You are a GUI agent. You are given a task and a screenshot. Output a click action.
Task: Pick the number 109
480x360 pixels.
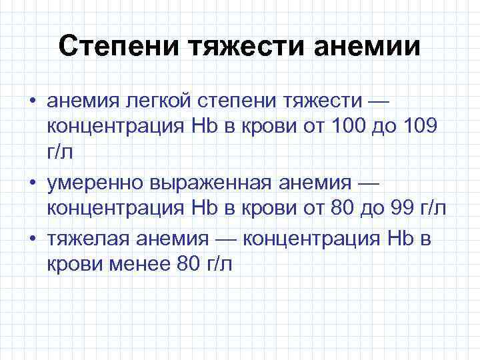coord(417,127)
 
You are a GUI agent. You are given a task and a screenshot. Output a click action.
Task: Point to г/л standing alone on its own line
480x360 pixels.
coord(61,153)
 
